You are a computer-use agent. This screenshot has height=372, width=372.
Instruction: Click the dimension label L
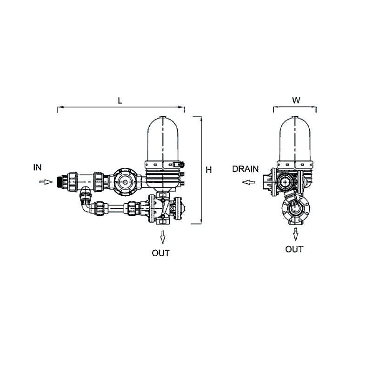point(120,100)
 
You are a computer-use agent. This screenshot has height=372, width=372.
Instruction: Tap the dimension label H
point(208,170)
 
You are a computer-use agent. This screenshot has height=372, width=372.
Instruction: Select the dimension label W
point(296,100)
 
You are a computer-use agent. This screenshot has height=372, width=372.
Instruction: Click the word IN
point(38,167)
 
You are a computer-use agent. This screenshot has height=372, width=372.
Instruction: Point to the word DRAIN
point(246,169)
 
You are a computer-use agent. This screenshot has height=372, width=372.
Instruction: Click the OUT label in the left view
point(161,253)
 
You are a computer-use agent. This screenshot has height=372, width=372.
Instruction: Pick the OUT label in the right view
point(294,249)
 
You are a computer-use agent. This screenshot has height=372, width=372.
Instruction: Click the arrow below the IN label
point(46,182)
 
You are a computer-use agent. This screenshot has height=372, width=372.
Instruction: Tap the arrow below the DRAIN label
point(248,182)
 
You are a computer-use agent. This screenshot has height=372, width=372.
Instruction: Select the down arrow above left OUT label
point(163,237)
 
